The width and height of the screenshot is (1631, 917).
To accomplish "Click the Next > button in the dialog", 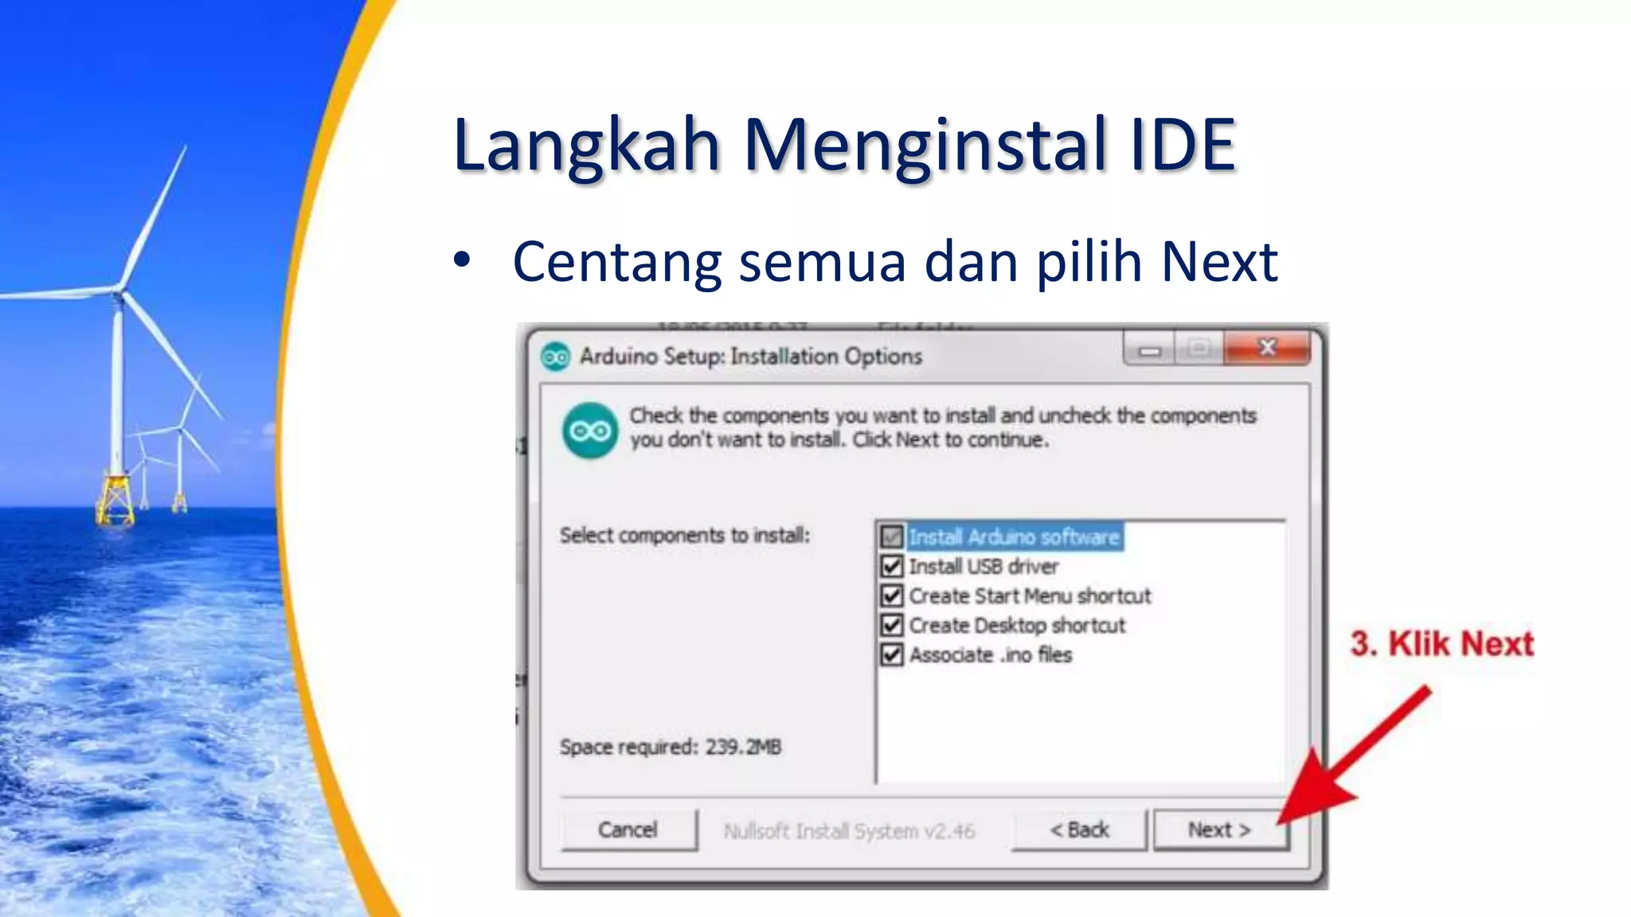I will click(x=1219, y=830).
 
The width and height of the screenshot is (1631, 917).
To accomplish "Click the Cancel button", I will click(x=628, y=830).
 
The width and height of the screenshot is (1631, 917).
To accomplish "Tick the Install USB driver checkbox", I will click(x=892, y=567).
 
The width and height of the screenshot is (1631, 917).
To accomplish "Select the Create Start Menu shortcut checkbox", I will click(x=892, y=596).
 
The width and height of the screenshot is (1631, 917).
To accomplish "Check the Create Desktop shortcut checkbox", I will click(x=892, y=626).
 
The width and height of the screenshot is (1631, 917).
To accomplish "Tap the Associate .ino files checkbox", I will click(x=892, y=655).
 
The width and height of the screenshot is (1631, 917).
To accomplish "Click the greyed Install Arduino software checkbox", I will click(x=892, y=537).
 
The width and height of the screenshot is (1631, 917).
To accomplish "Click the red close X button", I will click(x=1267, y=348).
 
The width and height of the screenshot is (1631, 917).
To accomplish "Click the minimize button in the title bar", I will click(x=1149, y=350).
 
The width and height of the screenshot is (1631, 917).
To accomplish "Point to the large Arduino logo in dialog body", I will click(x=590, y=431).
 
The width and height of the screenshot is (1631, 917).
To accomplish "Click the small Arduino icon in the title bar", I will click(x=555, y=357).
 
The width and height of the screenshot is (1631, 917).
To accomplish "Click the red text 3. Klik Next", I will click(x=1441, y=644).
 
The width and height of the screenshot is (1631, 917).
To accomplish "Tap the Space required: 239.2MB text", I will click(x=670, y=747).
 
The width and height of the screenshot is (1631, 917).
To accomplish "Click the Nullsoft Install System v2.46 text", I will click(x=849, y=832).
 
